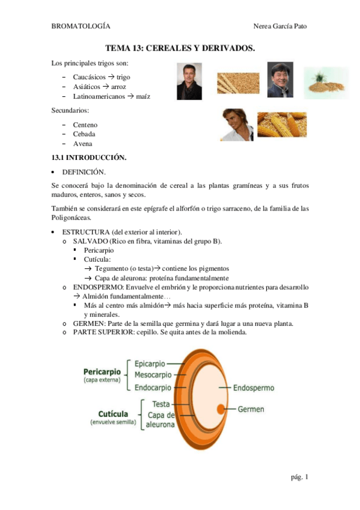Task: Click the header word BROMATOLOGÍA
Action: [x=81, y=26]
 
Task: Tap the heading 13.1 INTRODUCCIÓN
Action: [x=89, y=158]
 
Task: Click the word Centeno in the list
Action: [x=86, y=124]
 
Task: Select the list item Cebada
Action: [x=84, y=134]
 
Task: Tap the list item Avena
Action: [x=83, y=144]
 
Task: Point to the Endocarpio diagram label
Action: [x=153, y=387]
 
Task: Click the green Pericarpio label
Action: [x=102, y=371]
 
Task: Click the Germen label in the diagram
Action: [x=251, y=410]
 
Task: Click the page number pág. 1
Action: [x=299, y=477]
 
